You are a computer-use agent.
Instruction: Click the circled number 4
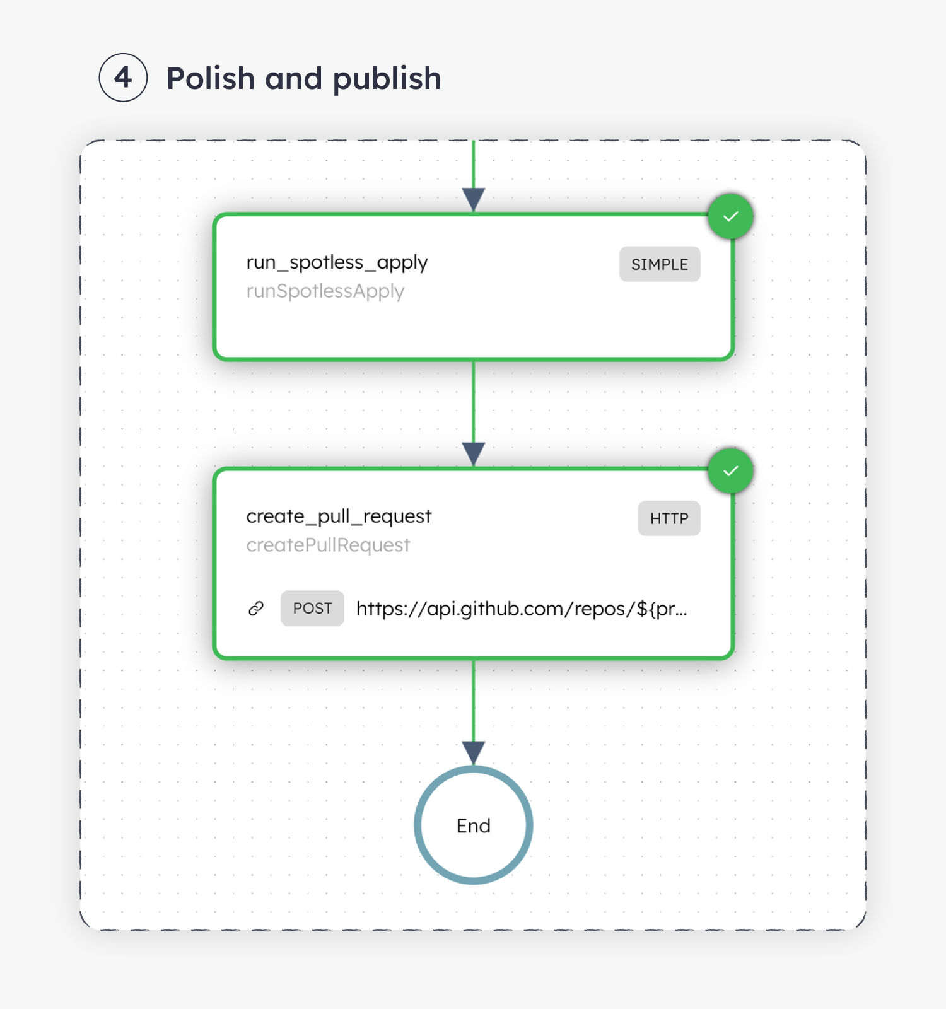pos(123,78)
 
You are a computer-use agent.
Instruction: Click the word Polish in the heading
pos(210,78)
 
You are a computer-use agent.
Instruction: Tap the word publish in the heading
pos(387,79)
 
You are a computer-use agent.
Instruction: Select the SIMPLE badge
pos(659,264)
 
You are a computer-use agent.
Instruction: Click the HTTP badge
pos(669,518)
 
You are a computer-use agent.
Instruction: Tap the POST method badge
pos(312,609)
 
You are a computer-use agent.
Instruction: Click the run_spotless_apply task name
pos(337,262)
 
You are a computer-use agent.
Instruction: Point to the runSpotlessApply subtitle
pos(325,291)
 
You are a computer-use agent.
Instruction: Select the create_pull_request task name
pos(339,516)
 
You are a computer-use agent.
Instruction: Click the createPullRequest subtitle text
pos(328,545)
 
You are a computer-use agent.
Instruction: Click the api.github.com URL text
pos(521,609)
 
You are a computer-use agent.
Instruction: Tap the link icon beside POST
pos(256,609)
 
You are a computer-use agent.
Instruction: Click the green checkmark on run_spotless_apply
pos(730,216)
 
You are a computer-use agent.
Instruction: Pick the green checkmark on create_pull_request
pos(730,471)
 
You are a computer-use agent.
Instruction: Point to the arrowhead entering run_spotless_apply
pos(474,199)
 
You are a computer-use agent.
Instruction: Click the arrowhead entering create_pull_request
pos(474,453)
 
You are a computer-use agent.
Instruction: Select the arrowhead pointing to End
pos(474,752)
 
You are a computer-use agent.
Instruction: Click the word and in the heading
pos(293,78)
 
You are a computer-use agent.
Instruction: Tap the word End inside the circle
pos(474,825)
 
